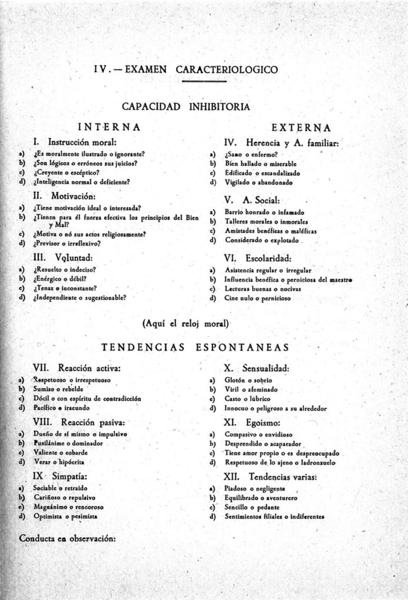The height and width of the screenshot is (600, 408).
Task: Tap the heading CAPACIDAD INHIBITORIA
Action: pos(186,107)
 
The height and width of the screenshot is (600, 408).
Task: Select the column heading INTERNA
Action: pos(109,127)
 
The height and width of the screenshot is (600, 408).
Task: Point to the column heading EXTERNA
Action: pos(301,127)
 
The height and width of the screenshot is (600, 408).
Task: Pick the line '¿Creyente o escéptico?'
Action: pos(66,172)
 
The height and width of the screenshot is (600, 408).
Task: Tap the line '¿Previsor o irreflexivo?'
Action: pos(68,243)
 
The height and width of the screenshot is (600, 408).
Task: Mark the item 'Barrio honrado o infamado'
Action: pos(264,212)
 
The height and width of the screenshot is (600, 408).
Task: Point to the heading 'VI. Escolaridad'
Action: pos(258,257)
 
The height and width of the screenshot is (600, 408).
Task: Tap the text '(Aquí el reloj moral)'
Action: pos(186,323)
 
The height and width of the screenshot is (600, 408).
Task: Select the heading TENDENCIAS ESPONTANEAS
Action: pos(195,348)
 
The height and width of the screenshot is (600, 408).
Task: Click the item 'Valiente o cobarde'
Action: pos(61,453)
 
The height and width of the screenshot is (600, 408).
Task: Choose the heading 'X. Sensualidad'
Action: pos(257,368)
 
